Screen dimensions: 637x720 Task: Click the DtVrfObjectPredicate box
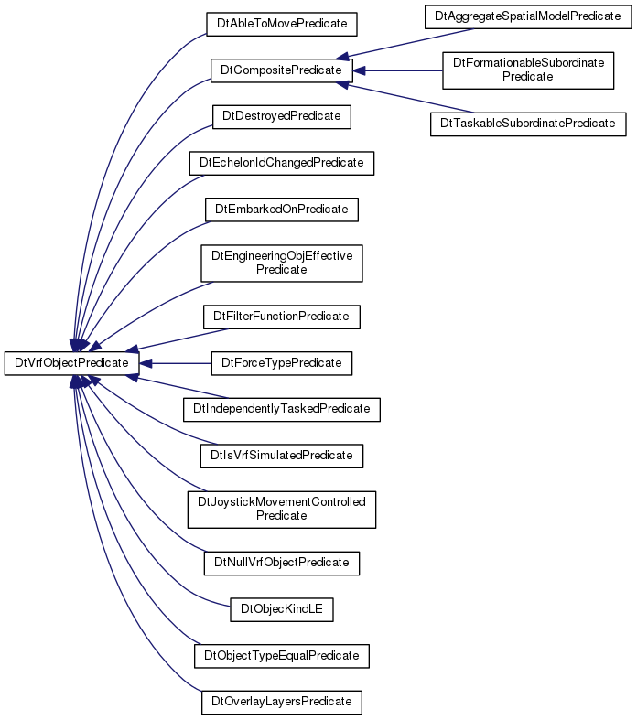[71, 363]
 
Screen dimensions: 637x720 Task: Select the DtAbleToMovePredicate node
[282, 25]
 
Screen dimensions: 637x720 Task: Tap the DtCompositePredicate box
[282, 70]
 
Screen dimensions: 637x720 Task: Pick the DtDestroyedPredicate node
[282, 117]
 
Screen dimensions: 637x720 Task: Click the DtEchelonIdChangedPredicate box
[282, 163]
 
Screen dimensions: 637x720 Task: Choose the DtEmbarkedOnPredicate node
[282, 210]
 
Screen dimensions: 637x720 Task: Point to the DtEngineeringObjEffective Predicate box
[282, 263]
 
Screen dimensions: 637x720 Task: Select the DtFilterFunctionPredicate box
[282, 317]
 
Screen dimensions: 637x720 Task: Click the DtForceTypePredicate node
[282, 363]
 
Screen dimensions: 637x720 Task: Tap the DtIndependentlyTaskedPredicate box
[282, 410]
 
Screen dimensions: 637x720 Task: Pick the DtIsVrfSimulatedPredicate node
[282, 456]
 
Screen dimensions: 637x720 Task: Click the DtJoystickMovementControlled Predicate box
[282, 510]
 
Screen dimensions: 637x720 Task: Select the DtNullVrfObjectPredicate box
[282, 564]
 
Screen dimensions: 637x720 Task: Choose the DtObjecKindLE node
[282, 610]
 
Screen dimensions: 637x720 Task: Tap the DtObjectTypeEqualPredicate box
[282, 656]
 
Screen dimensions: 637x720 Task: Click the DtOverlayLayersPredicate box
[282, 703]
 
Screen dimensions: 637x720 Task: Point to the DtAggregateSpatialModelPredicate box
[528, 17]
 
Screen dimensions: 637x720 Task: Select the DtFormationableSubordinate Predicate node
[528, 70]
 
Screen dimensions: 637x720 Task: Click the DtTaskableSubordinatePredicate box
[528, 124]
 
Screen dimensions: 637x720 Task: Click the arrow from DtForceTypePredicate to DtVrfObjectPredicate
[176, 364]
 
